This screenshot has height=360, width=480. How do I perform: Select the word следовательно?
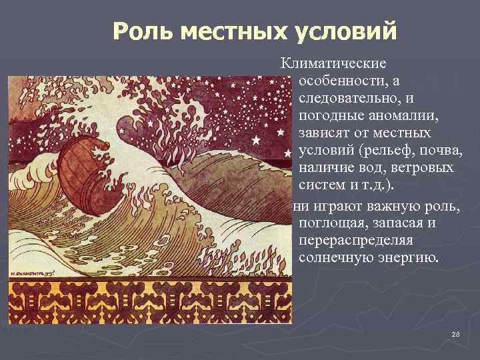click(347, 98)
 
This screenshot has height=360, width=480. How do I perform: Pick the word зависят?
click(328, 133)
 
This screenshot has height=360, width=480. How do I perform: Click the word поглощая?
click(333, 221)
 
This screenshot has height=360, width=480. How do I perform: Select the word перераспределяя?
click(357, 239)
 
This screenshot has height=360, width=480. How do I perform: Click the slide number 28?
click(456, 333)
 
